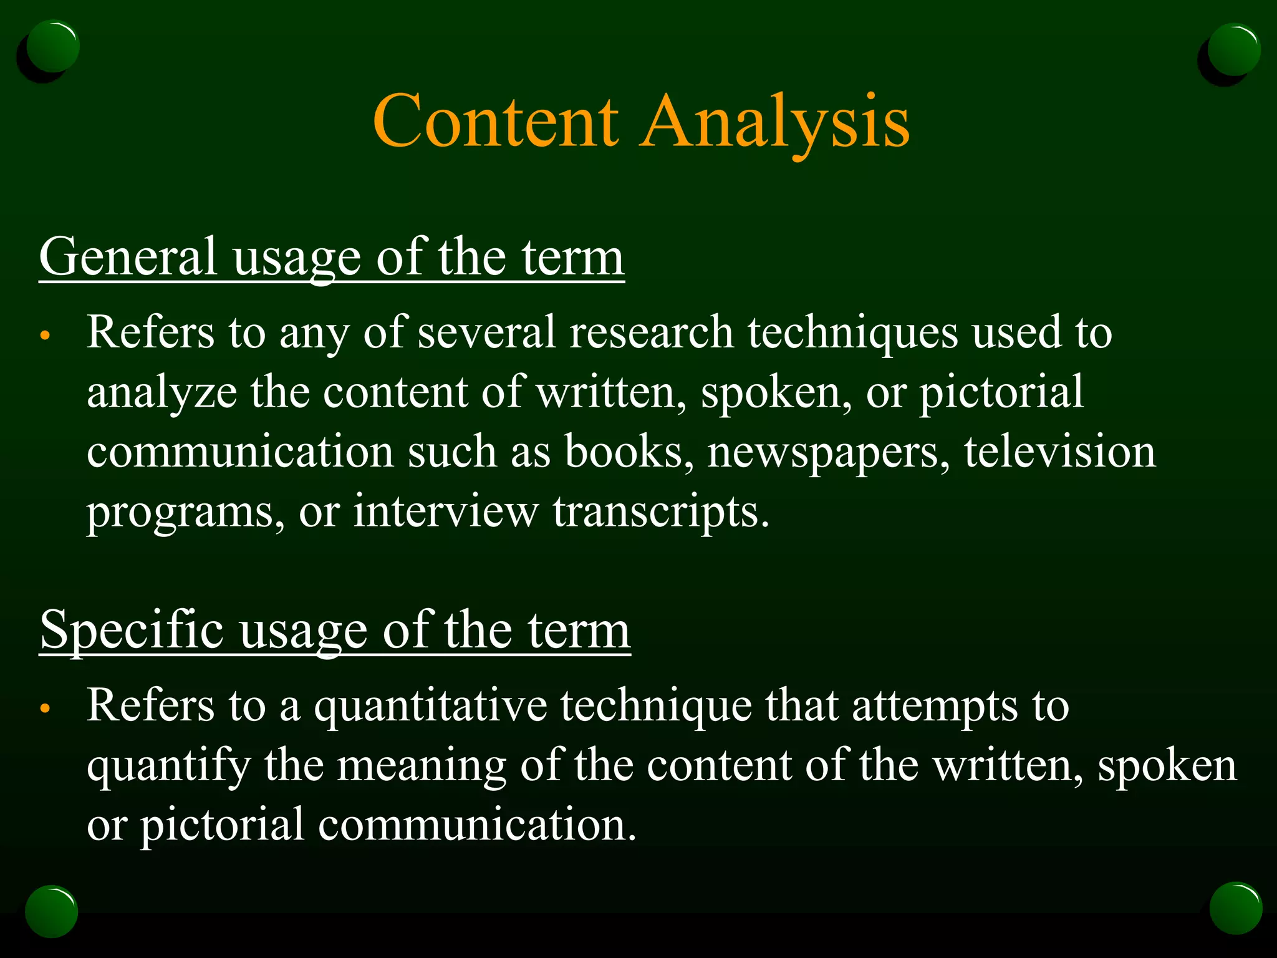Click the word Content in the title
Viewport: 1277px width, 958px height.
[496, 121]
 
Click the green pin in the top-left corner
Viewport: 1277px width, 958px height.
[53, 47]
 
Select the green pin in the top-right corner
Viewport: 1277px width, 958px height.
[1233, 50]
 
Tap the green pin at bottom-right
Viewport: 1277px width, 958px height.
[1235, 908]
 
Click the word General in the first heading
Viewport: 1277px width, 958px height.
[128, 256]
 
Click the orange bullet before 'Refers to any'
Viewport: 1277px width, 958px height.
[44, 336]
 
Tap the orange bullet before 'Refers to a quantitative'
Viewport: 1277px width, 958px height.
[44, 709]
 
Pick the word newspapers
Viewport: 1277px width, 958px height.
[828, 452]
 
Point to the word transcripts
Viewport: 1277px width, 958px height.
[661, 512]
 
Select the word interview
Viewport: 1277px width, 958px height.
[445, 511]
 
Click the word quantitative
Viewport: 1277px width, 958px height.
[430, 707]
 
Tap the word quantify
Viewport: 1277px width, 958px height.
[168, 767]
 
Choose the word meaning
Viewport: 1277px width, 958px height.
[422, 767]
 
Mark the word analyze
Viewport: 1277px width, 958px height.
[161, 394]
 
